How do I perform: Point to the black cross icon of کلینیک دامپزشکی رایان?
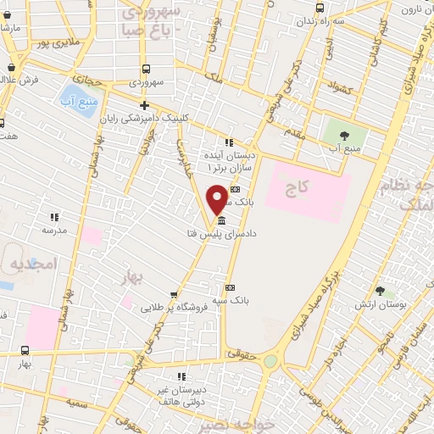tap(145, 106)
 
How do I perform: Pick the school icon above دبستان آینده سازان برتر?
tap(228, 142)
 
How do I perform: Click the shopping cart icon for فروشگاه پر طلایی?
tap(174, 295)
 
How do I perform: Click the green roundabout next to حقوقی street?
tap(270, 361)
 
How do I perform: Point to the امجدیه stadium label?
tap(31, 265)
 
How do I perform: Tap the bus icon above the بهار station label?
tap(24, 350)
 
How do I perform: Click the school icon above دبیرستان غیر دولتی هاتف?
tap(181, 376)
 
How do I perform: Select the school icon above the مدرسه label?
tap(54, 217)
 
